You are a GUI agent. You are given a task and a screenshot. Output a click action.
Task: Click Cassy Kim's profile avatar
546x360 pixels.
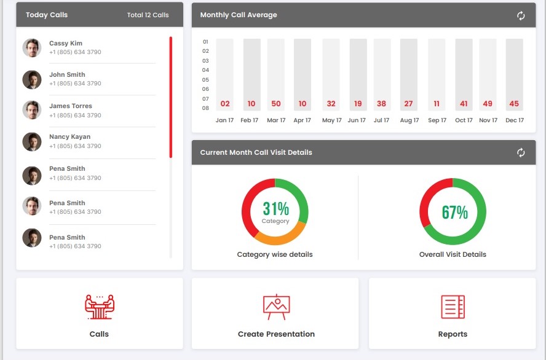32,48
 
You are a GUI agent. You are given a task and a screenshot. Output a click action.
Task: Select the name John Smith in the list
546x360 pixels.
67,75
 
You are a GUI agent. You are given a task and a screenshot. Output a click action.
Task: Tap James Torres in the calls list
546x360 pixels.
70,106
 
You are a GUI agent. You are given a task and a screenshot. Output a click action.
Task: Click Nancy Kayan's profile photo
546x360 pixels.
32,142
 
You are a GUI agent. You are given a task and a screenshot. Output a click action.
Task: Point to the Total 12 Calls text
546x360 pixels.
148,15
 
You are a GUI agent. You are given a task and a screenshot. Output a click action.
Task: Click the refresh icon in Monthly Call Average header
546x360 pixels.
521,15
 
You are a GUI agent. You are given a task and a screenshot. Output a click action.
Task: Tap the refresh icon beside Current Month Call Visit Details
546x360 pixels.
521,152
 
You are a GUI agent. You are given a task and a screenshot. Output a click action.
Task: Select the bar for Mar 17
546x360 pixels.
276,74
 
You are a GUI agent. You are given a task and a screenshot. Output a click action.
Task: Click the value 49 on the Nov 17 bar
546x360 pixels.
488,104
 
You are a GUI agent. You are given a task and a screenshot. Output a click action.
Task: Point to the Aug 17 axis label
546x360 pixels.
410,120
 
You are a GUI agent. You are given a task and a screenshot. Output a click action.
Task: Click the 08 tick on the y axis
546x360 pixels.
205,108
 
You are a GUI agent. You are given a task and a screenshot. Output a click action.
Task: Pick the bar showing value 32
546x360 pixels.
331,74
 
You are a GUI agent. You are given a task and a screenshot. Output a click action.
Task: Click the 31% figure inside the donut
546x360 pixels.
275,209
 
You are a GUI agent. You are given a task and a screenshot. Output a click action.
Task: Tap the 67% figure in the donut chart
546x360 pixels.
454,213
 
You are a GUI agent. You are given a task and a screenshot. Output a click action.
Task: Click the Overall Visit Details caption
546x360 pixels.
453,254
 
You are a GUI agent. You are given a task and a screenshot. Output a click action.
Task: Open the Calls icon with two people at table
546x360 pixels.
100,307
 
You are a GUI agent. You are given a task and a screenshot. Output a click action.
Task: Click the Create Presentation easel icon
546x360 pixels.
276,307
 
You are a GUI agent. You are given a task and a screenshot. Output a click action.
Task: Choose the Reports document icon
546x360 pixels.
453,307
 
